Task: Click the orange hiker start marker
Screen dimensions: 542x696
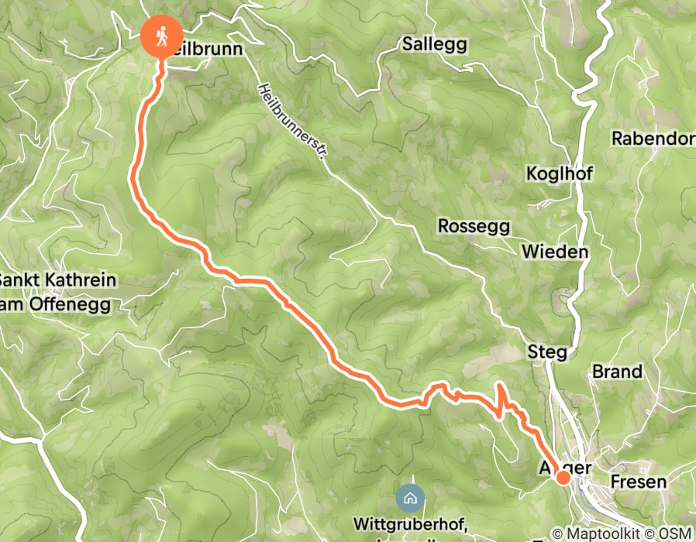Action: (162, 36)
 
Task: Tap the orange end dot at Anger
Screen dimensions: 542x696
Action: (563, 478)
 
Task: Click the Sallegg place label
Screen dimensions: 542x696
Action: (435, 44)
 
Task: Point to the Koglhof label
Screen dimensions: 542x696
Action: (559, 173)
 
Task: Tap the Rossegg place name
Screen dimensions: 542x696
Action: (474, 226)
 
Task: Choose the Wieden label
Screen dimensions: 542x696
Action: (554, 252)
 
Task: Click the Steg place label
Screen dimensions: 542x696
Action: (546, 352)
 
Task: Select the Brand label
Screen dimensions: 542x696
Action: (617, 372)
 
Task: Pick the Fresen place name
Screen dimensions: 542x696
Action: (638, 482)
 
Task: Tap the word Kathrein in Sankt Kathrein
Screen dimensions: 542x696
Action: (80, 280)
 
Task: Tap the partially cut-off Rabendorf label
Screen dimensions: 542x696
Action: (653, 139)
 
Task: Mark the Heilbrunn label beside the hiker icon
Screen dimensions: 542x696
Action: (207, 49)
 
